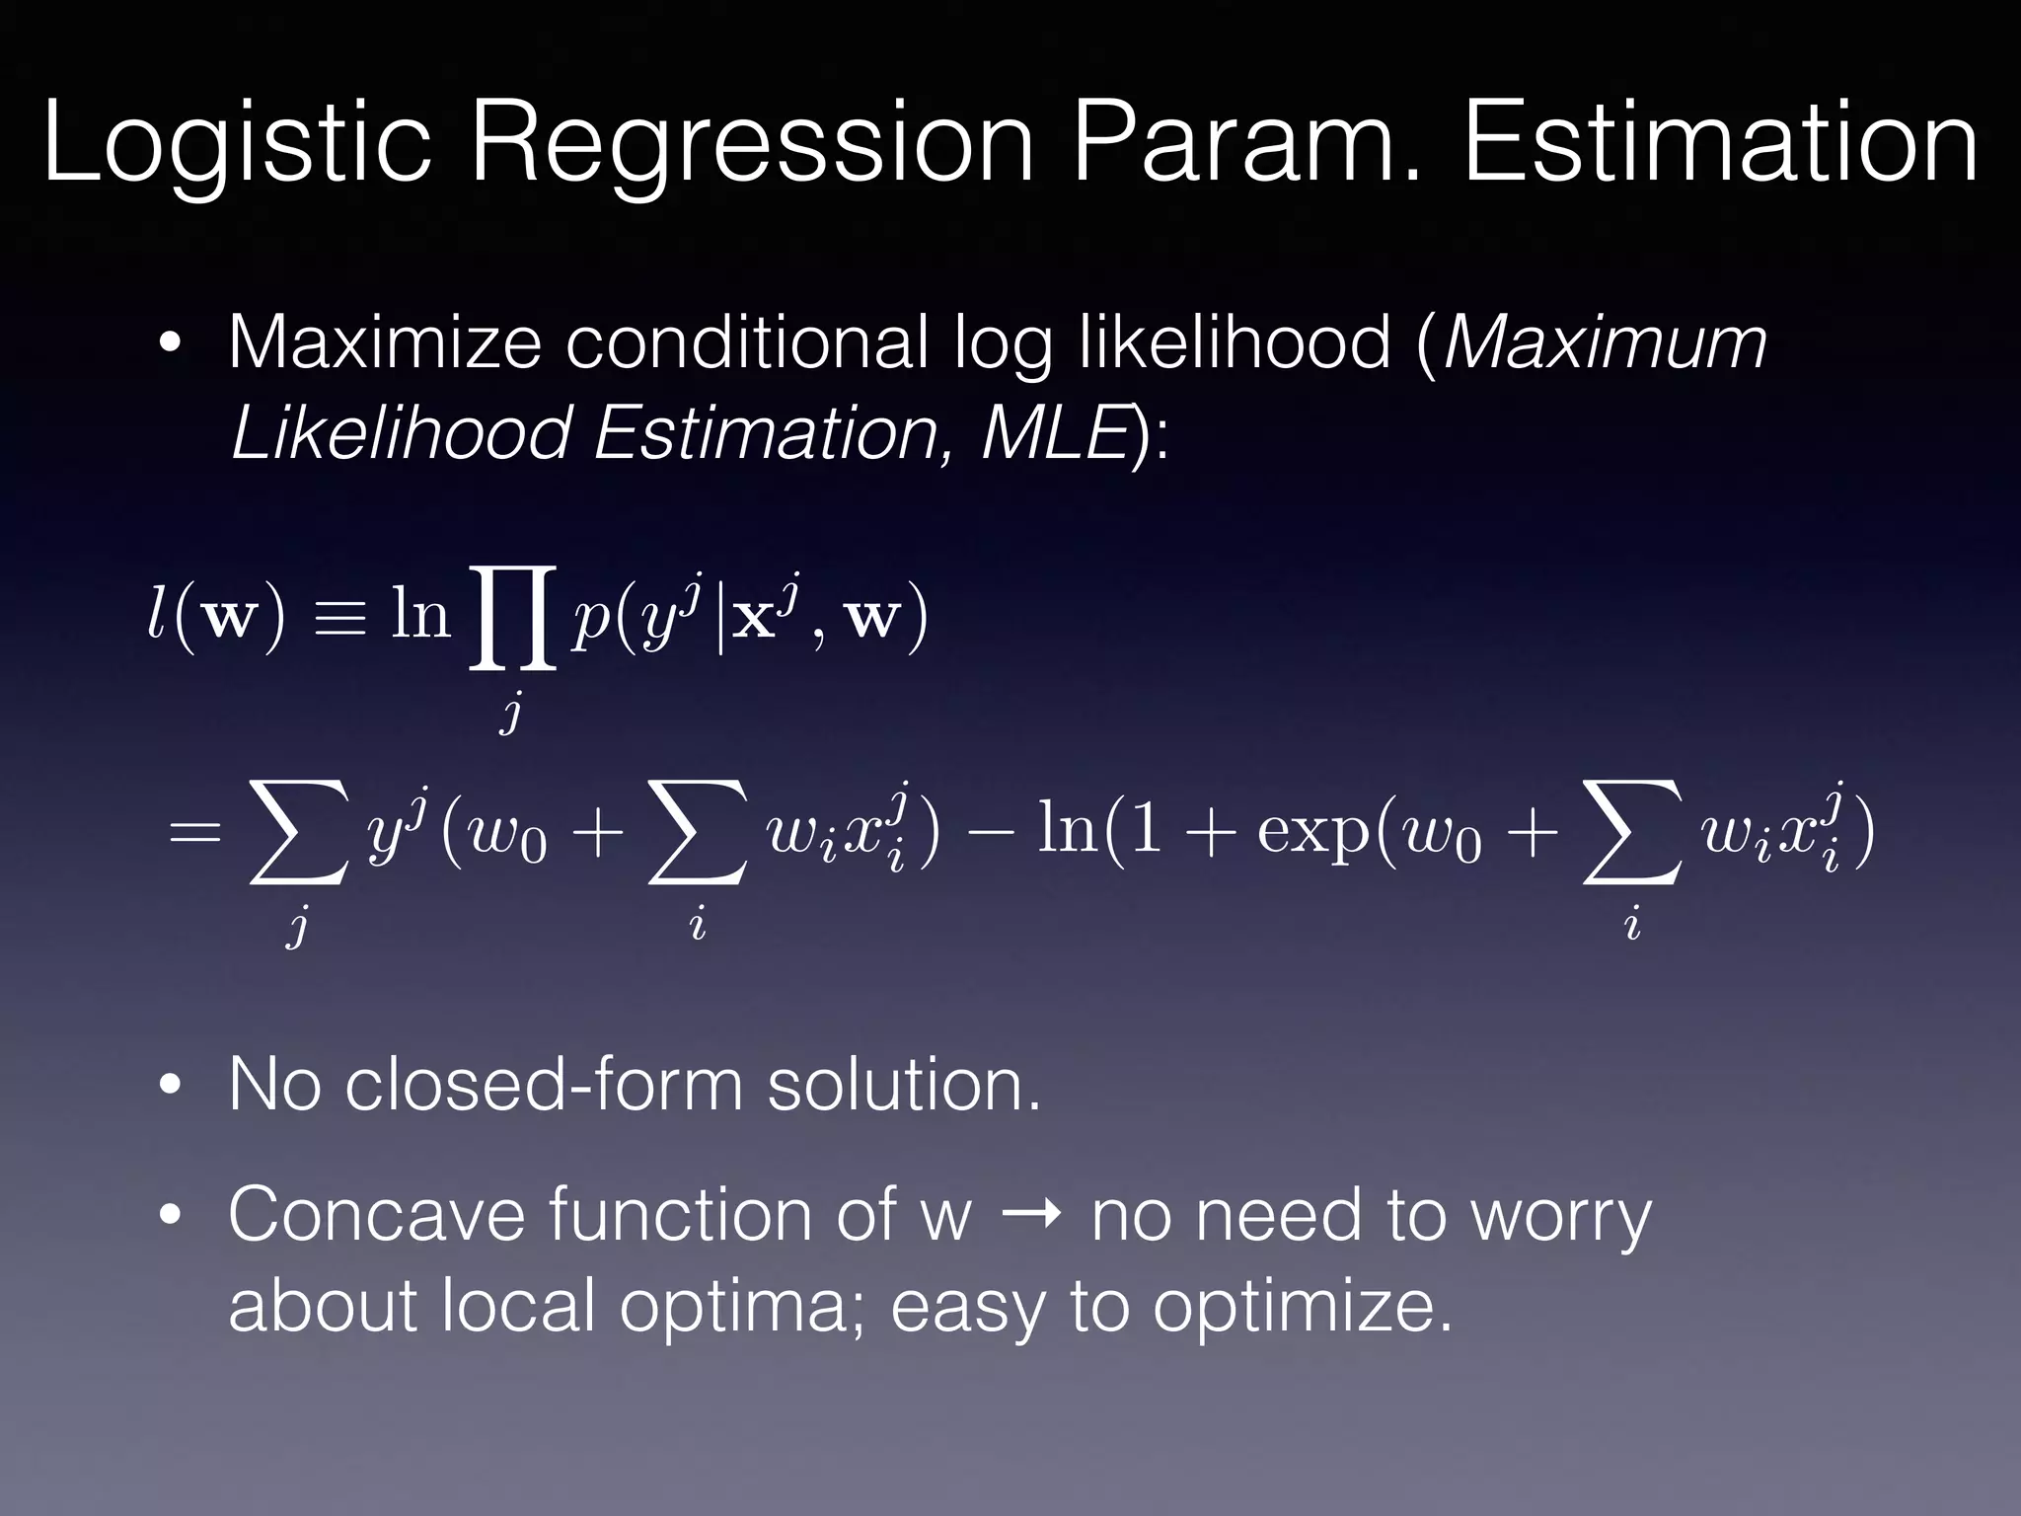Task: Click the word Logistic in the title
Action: point(237,146)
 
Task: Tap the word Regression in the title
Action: point(750,146)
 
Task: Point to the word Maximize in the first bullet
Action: point(385,342)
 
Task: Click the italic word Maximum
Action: point(1605,342)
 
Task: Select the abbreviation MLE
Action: point(1054,432)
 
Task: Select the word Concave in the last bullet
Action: point(376,1214)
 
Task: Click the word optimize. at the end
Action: point(1303,1306)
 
